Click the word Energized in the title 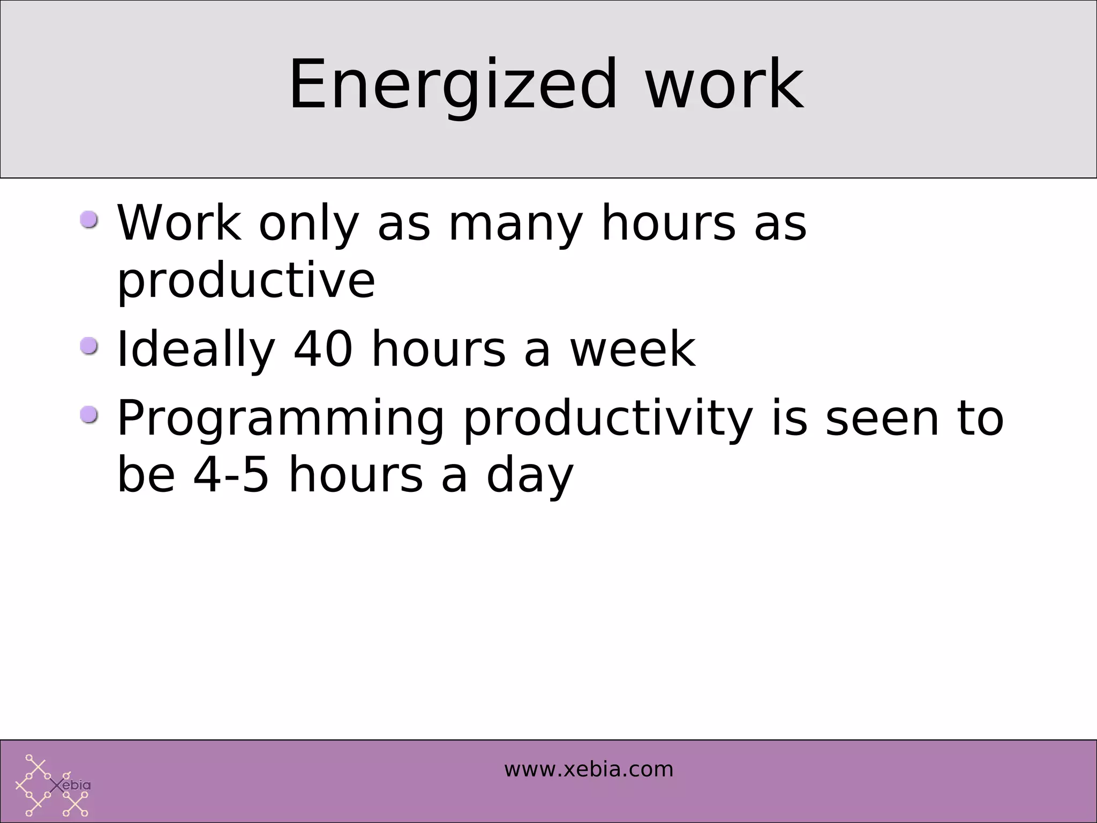(453, 86)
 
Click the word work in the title (724, 86)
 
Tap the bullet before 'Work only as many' (89, 220)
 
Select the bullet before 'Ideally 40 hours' (89, 346)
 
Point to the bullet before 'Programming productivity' (89, 415)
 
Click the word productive (246, 282)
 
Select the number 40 (323, 349)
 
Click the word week (632, 349)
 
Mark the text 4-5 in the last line (231, 476)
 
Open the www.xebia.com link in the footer (588, 770)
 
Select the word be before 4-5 (146, 476)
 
